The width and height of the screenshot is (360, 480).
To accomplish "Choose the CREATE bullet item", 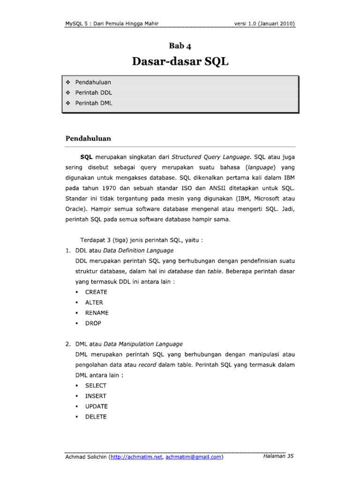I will tap(96, 292).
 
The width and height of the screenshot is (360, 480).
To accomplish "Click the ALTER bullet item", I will tap(94, 302).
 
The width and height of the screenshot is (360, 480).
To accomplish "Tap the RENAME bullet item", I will tap(97, 313).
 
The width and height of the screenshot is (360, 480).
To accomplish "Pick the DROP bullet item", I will tap(93, 323).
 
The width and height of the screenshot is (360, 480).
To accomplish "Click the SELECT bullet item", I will tap(96, 385).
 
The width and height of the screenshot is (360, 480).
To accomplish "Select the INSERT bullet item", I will tap(96, 396).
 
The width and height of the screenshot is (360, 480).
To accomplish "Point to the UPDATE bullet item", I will tap(96, 406).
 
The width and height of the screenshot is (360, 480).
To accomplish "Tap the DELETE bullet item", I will tap(96, 417).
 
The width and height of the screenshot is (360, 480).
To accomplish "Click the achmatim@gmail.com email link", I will tap(193, 457).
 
